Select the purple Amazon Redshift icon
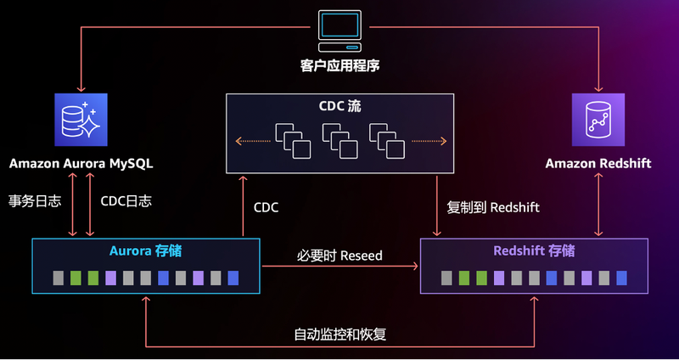(x=598, y=120)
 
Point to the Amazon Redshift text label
(x=598, y=162)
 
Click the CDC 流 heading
(x=339, y=107)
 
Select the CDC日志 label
(x=126, y=202)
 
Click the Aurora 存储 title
(x=145, y=251)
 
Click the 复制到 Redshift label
(x=493, y=206)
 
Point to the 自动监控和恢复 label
(x=339, y=334)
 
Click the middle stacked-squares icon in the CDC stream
(x=339, y=140)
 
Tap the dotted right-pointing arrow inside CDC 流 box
(x=429, y=140)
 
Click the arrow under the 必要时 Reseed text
(x=339, y=267)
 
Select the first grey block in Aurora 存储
(x=58, y=278)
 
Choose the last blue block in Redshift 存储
(x=621, y=278)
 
